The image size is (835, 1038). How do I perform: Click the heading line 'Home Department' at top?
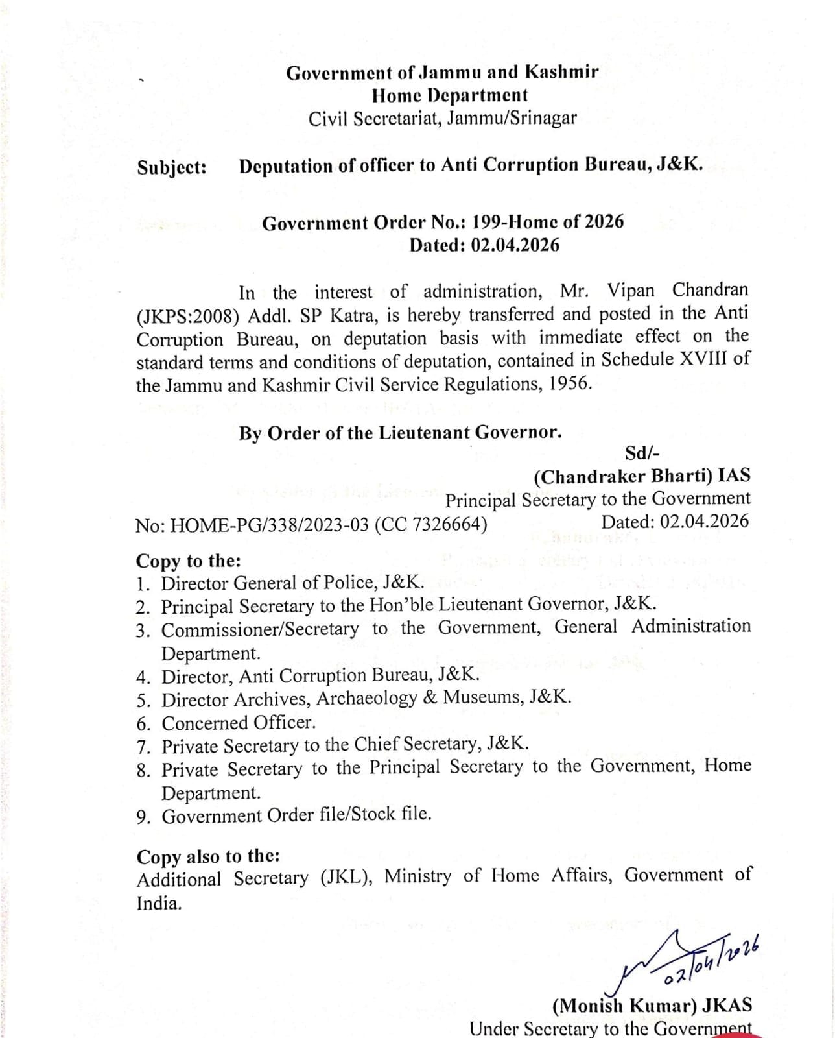point(450,95)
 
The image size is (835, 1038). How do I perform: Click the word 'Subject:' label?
point(172,167)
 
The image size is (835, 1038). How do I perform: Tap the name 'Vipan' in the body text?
point(637,290)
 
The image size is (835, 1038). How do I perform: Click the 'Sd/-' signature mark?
point(642,453)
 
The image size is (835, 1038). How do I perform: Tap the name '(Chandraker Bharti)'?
point(623,477)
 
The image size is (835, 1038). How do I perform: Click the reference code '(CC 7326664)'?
point(430,524)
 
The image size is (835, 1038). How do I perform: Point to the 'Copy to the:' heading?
point(188,561)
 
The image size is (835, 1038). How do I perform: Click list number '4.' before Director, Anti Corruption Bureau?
point(143,677)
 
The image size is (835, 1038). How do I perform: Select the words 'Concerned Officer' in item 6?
point(238,723)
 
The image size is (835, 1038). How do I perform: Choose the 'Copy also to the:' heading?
point(208,856)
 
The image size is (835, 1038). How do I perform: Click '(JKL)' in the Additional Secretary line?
point(345,878)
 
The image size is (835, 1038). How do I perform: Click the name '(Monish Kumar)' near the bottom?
point(623,1006)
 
